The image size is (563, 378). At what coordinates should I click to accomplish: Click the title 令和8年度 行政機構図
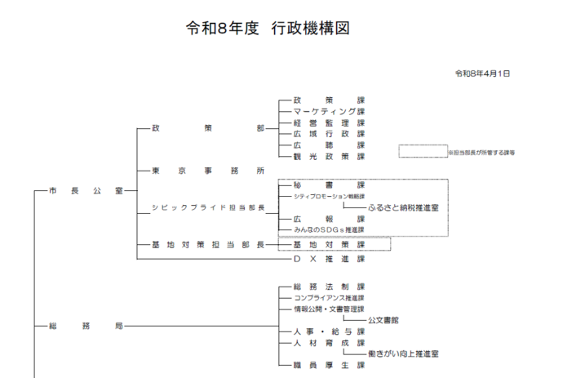[268, 29]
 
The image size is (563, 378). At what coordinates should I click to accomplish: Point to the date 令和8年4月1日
[482, 73]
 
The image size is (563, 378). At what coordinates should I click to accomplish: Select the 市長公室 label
[86, 190]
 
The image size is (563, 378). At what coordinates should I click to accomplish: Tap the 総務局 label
[86, 326]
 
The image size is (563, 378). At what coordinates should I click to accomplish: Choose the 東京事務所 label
[208, 171]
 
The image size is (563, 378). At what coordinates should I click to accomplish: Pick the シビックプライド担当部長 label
[208, 208]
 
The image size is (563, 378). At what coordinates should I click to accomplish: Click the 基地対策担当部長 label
[208, 244]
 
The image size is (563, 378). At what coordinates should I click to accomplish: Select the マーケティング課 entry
[329, 111]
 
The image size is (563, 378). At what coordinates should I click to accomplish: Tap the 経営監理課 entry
[329, 122]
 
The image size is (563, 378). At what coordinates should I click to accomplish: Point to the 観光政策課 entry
[329, 155]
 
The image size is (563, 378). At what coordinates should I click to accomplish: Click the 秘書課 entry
[329, 185]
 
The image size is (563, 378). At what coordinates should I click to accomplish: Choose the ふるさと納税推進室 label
[403, 208]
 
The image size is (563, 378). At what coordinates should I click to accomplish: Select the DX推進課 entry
[329, 259]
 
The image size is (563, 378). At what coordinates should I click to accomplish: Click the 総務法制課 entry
[329, 287]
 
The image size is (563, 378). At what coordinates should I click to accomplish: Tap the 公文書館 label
[384, 321]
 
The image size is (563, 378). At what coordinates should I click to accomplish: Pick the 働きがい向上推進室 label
[403, 354]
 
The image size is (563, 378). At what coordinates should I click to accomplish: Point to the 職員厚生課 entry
[329, 366]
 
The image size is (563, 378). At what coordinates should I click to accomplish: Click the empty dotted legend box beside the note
[421, 152]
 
